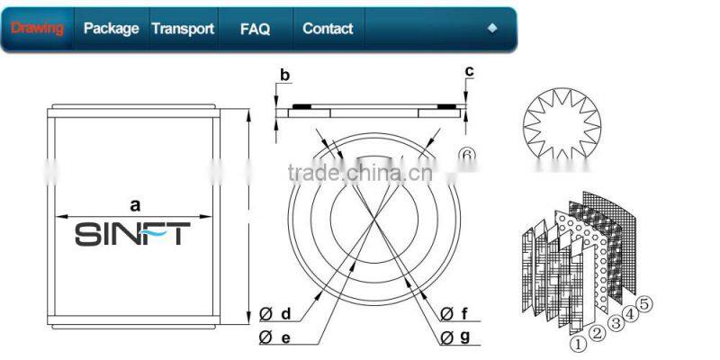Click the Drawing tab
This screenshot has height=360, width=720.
coord(37,29)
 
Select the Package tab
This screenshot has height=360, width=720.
coord(111,29)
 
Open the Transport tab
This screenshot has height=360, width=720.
coord(183,29)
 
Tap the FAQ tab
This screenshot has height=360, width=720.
coord(255,29)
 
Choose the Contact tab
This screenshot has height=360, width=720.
coord(328,29)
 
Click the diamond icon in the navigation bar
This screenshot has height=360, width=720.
coord(492,28)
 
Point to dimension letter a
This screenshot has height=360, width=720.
coord(134,205)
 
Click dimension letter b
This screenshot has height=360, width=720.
coord(284,76)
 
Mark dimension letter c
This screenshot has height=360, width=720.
coord(469,71)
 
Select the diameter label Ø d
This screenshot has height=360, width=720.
coord(275,314)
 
